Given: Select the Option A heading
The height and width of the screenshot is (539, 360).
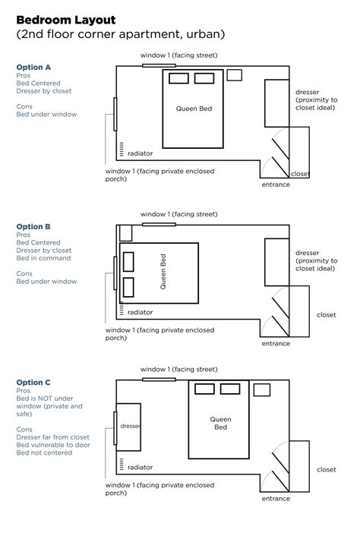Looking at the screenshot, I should pos(33,67).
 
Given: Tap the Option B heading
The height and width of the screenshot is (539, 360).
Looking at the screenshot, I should pos(33,226).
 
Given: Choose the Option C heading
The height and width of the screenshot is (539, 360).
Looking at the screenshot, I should pos(33,382).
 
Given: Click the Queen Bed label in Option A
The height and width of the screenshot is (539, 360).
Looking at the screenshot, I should pos(194,109).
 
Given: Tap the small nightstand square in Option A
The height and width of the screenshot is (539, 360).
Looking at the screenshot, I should pos(235,74).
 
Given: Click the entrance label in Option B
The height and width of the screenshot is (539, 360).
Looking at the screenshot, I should pos(275,343).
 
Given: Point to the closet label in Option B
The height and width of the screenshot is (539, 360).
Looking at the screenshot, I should pos(326,314).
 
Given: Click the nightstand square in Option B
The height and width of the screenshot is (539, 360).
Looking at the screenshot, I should pos(125,233).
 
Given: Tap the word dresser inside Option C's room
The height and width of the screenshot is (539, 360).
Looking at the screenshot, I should pos(131,427).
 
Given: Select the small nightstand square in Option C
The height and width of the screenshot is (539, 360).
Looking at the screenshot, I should pos(261,390).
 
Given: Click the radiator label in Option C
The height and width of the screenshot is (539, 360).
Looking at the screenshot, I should pos(141,468).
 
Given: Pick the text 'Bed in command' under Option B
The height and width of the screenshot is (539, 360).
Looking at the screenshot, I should pos(43,258).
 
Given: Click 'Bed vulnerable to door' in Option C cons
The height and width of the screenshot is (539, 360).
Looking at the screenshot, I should pos(51,445).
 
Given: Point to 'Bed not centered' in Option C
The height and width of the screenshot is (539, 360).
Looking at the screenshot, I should pos(44,453).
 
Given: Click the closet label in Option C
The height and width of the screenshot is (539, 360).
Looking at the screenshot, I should pos(326,469).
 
